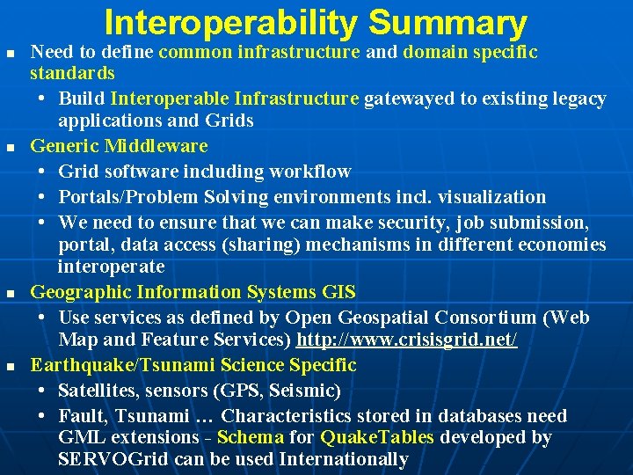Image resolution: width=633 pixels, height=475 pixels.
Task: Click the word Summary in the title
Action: click(447, 23)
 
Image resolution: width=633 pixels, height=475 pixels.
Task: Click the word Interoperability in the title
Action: click(231, 23)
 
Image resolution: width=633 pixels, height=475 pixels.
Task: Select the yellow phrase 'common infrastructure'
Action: click(259, 52)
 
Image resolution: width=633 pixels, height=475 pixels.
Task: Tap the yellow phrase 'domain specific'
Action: click(470, 52)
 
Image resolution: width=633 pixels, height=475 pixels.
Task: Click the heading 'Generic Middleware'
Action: click(119, 146)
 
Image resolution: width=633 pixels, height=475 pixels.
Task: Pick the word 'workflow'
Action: click(312, 172)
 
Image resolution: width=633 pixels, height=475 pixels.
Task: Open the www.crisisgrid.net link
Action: click(407, 340)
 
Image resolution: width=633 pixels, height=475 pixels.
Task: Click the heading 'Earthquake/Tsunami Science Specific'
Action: click(193, 364)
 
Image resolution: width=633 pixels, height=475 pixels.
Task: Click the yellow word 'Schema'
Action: click(250, 437)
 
